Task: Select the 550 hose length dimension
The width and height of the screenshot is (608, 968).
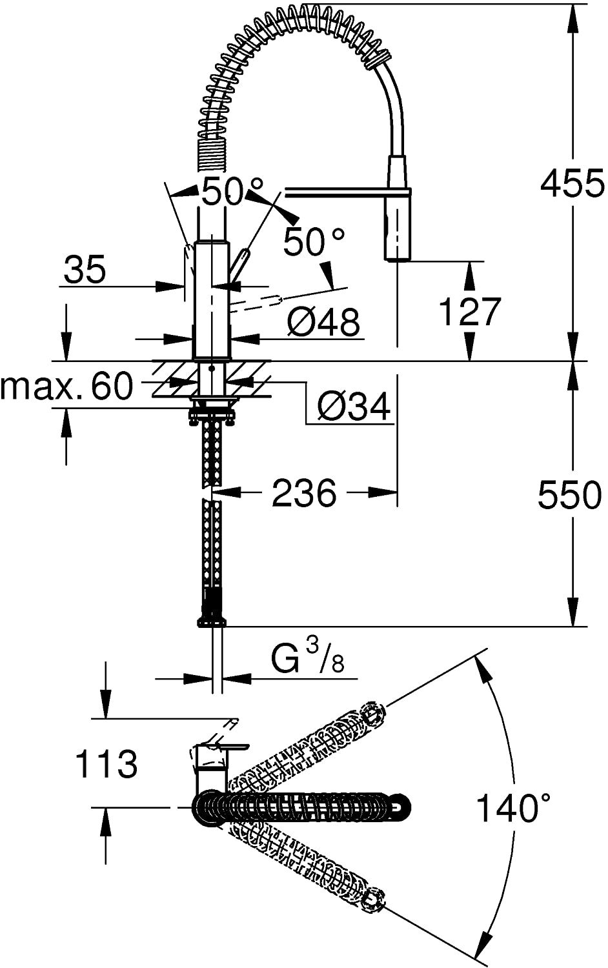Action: [x=569, y=495]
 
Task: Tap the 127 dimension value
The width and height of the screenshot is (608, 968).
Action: [x=469, y=312]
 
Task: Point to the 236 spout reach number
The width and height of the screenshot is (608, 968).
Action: [x=304, y=494]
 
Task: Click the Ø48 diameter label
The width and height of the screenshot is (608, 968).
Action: [x=323, y=321]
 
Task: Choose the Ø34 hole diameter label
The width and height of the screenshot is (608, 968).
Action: [x=354, y=407]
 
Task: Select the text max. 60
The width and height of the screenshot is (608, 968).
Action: [x=66, y=387]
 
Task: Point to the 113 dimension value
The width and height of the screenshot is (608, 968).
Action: [x=106, y=764]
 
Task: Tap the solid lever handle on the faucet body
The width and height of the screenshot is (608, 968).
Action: [x=239, y=264]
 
